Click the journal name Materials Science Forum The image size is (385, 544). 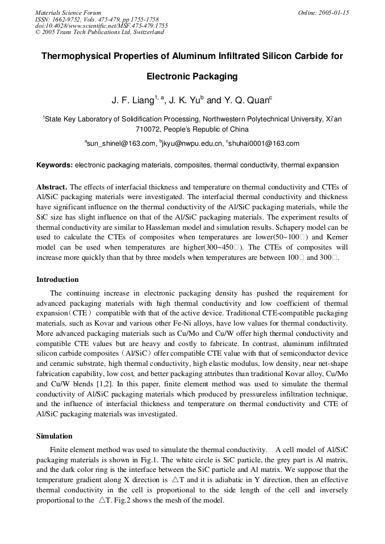click(x=68, y=12)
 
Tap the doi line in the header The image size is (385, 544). click(x=102, y=26)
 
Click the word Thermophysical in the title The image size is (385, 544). click(x=75, y=56)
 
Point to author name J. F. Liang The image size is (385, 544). click(x=132, y=101)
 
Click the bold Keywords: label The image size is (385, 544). click(x=55, y=165)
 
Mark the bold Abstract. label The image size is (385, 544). click(x=52, y=187)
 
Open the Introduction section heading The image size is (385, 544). click(x=57, y=280)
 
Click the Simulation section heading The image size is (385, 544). click(x=55, y=436)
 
